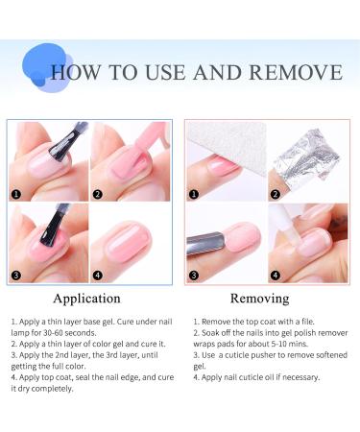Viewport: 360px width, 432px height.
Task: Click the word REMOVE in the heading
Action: tap(299, 73)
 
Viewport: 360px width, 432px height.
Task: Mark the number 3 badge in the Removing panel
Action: tap(193, 274)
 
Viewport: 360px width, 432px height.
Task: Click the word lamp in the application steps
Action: tap(21, 334)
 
